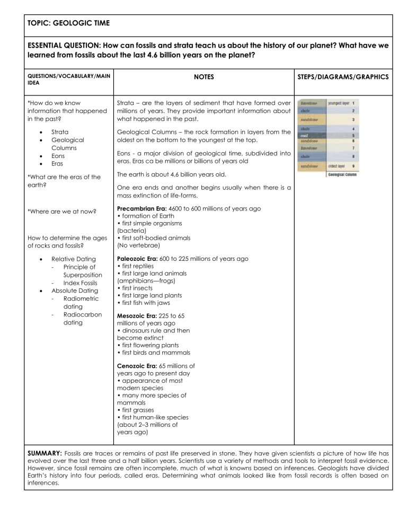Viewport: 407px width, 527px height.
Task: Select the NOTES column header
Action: (x=203, y=77)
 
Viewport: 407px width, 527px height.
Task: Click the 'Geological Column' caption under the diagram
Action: (x=334, y=174)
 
